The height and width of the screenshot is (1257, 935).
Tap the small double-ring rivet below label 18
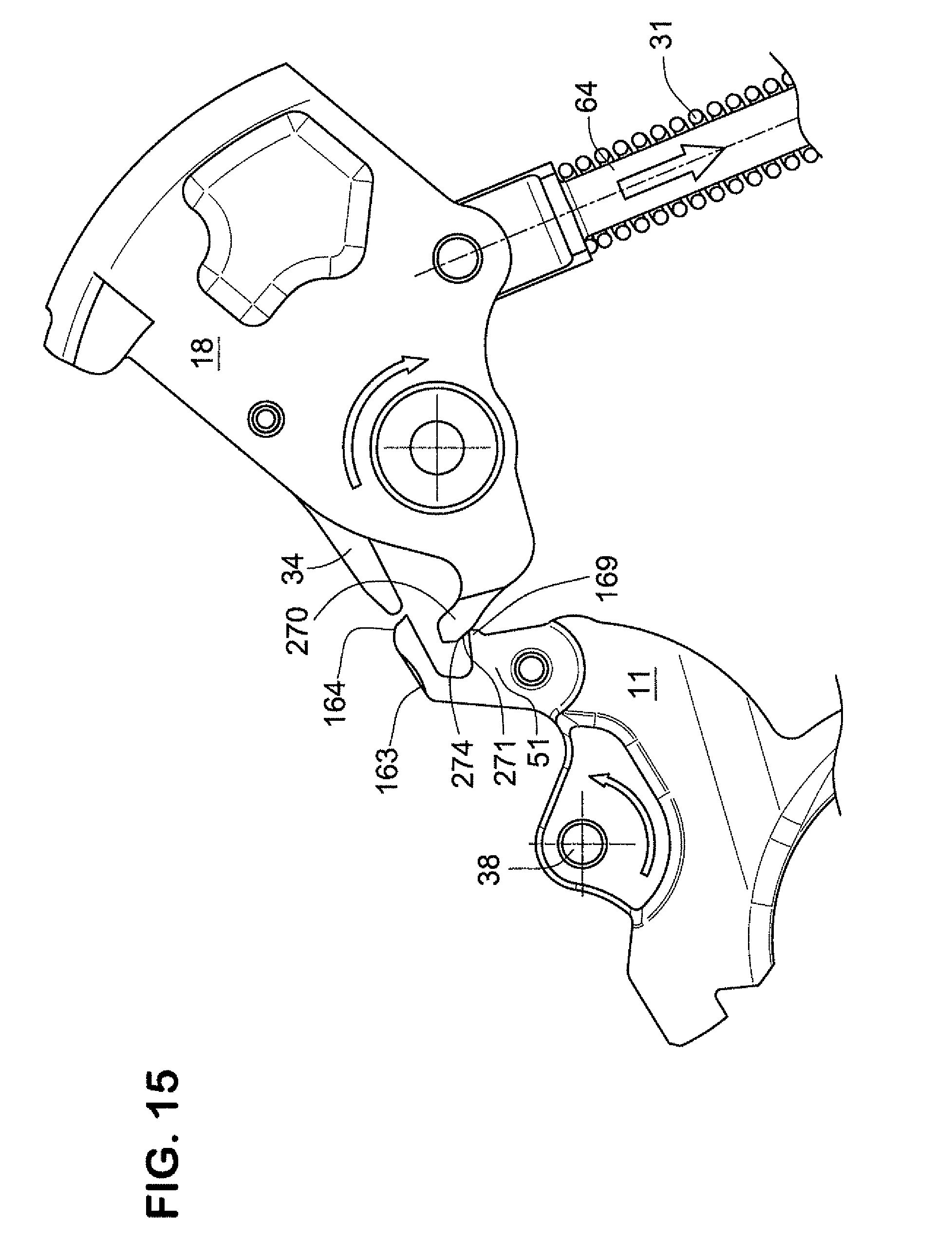coord(266,420)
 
